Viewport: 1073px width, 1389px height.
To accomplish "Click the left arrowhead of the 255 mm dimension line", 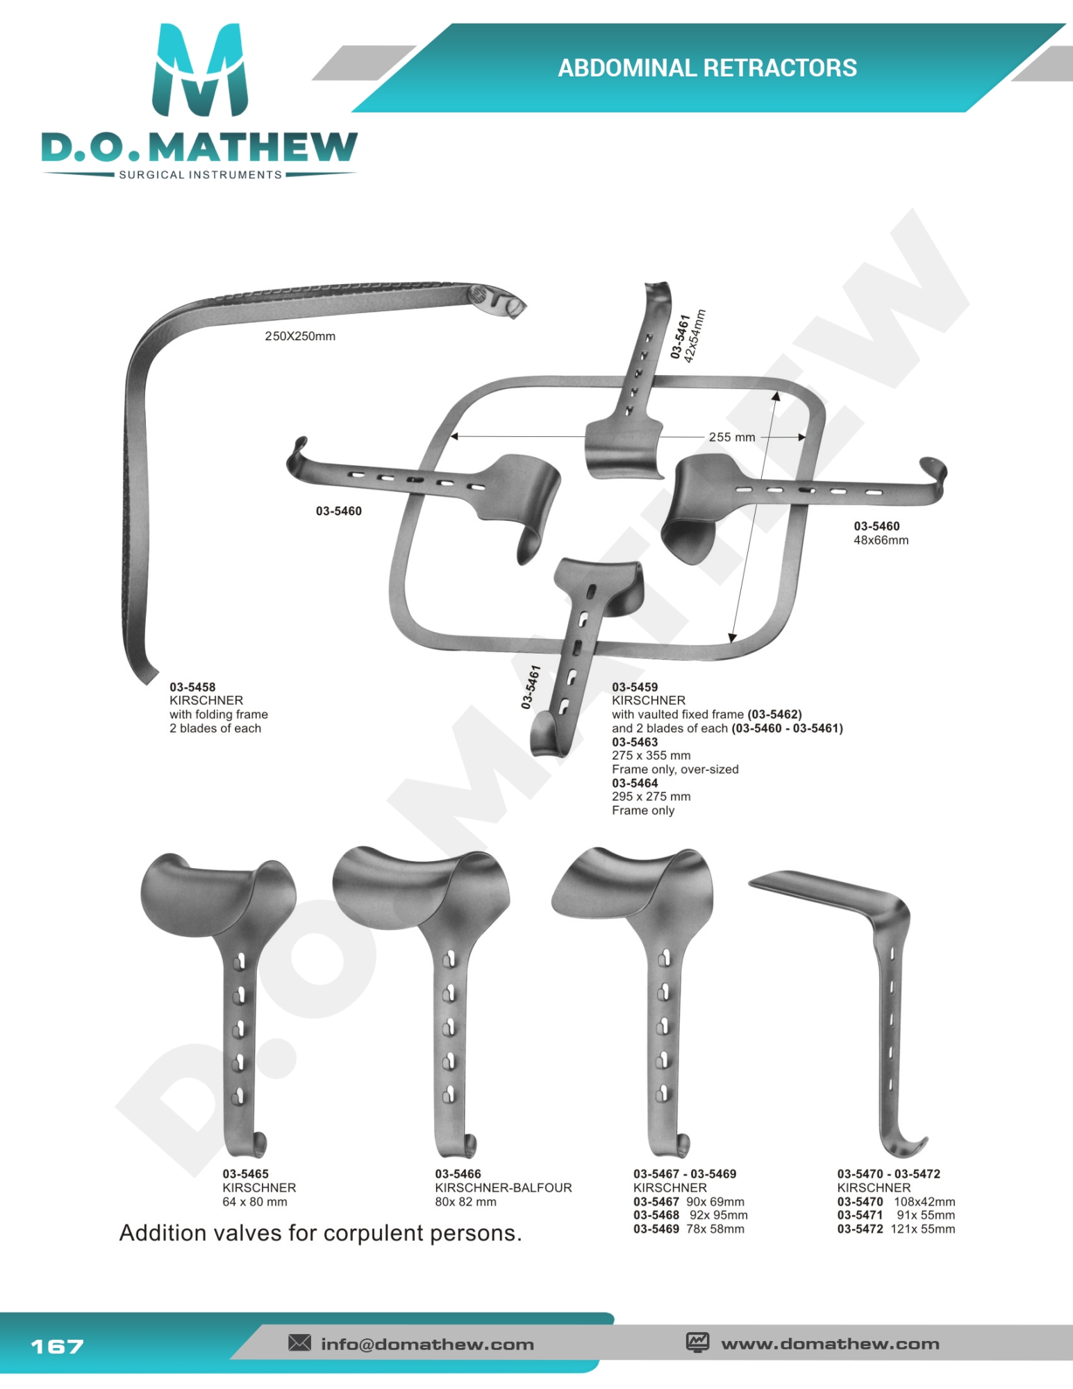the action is [454, 437].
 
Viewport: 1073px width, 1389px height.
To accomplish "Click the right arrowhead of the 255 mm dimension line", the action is [802, 438].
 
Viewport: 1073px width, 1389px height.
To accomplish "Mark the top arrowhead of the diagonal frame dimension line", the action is [776, 397].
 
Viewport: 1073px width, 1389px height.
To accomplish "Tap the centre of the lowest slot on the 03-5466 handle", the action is [450, 1095].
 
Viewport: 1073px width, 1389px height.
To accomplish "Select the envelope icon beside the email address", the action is [299, 1342].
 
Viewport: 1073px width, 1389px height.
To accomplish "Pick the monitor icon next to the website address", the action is [697, 1342].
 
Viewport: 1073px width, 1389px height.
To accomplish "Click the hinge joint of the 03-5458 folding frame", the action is [497, 300].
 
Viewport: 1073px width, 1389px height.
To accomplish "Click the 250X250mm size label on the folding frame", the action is [300, 336].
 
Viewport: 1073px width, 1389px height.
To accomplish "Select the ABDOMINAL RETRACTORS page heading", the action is [707, 68].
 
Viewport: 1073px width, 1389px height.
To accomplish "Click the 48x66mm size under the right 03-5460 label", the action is [881, 540].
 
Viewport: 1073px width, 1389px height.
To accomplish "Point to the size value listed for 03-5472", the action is [922, 1229].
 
